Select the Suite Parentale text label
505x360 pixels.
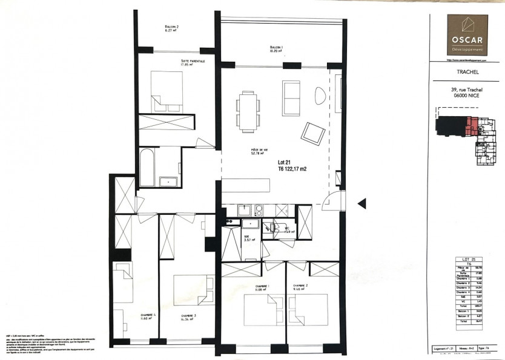[193, 62]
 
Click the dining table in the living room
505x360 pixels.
[248, 111]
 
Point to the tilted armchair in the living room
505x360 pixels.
[314, 133]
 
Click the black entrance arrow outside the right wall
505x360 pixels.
[361, 204]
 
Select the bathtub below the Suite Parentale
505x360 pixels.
[148, 167]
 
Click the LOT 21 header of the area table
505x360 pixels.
[467, 258]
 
